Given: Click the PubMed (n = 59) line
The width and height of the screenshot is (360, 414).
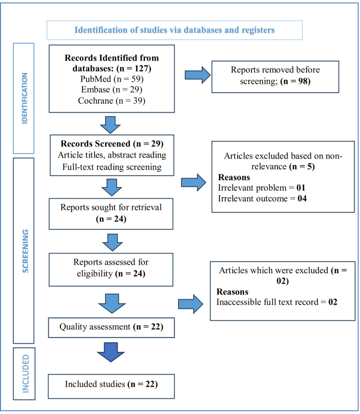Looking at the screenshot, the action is (x=112, y=79).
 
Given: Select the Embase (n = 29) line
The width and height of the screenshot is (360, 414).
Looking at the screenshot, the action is (x=112, y=90).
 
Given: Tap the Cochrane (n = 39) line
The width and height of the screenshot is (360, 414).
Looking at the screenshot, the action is (x=112, y=100).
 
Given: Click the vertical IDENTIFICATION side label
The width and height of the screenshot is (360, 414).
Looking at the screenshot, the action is (x=24, y=98).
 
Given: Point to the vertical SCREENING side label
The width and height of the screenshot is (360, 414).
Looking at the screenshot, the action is (x=25, y=251).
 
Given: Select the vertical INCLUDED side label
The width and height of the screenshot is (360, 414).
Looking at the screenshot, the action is (x=25, y=374).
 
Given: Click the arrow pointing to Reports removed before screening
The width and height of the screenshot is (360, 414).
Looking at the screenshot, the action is (x=197, y=75).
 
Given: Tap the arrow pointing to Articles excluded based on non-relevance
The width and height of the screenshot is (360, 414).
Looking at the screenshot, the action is (x=193, y=183).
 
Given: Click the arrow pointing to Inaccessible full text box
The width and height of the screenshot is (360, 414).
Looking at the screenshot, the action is (x=191, y=304).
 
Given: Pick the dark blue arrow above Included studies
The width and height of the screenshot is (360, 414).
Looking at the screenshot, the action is (x=111, y=352).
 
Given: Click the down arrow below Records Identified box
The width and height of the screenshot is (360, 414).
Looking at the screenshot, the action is (x=110, y=125).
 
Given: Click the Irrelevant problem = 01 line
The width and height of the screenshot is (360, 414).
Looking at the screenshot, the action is (x=262, y=188).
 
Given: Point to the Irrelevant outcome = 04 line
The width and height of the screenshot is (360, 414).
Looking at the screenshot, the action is (x=263, y=198).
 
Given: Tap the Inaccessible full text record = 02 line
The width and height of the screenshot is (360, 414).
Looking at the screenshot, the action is (x=277, y=302).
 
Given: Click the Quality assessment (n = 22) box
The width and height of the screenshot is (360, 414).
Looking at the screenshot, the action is (x=111, y=328).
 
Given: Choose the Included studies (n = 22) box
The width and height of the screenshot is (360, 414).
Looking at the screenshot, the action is (x=111, y=386).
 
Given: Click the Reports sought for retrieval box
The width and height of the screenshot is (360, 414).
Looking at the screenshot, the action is (x=111, y=214).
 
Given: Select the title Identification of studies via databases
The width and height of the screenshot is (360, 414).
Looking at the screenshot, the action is (x=175, y=30).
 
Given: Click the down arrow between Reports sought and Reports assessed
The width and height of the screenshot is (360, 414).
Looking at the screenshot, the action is (x=112, y=242).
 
